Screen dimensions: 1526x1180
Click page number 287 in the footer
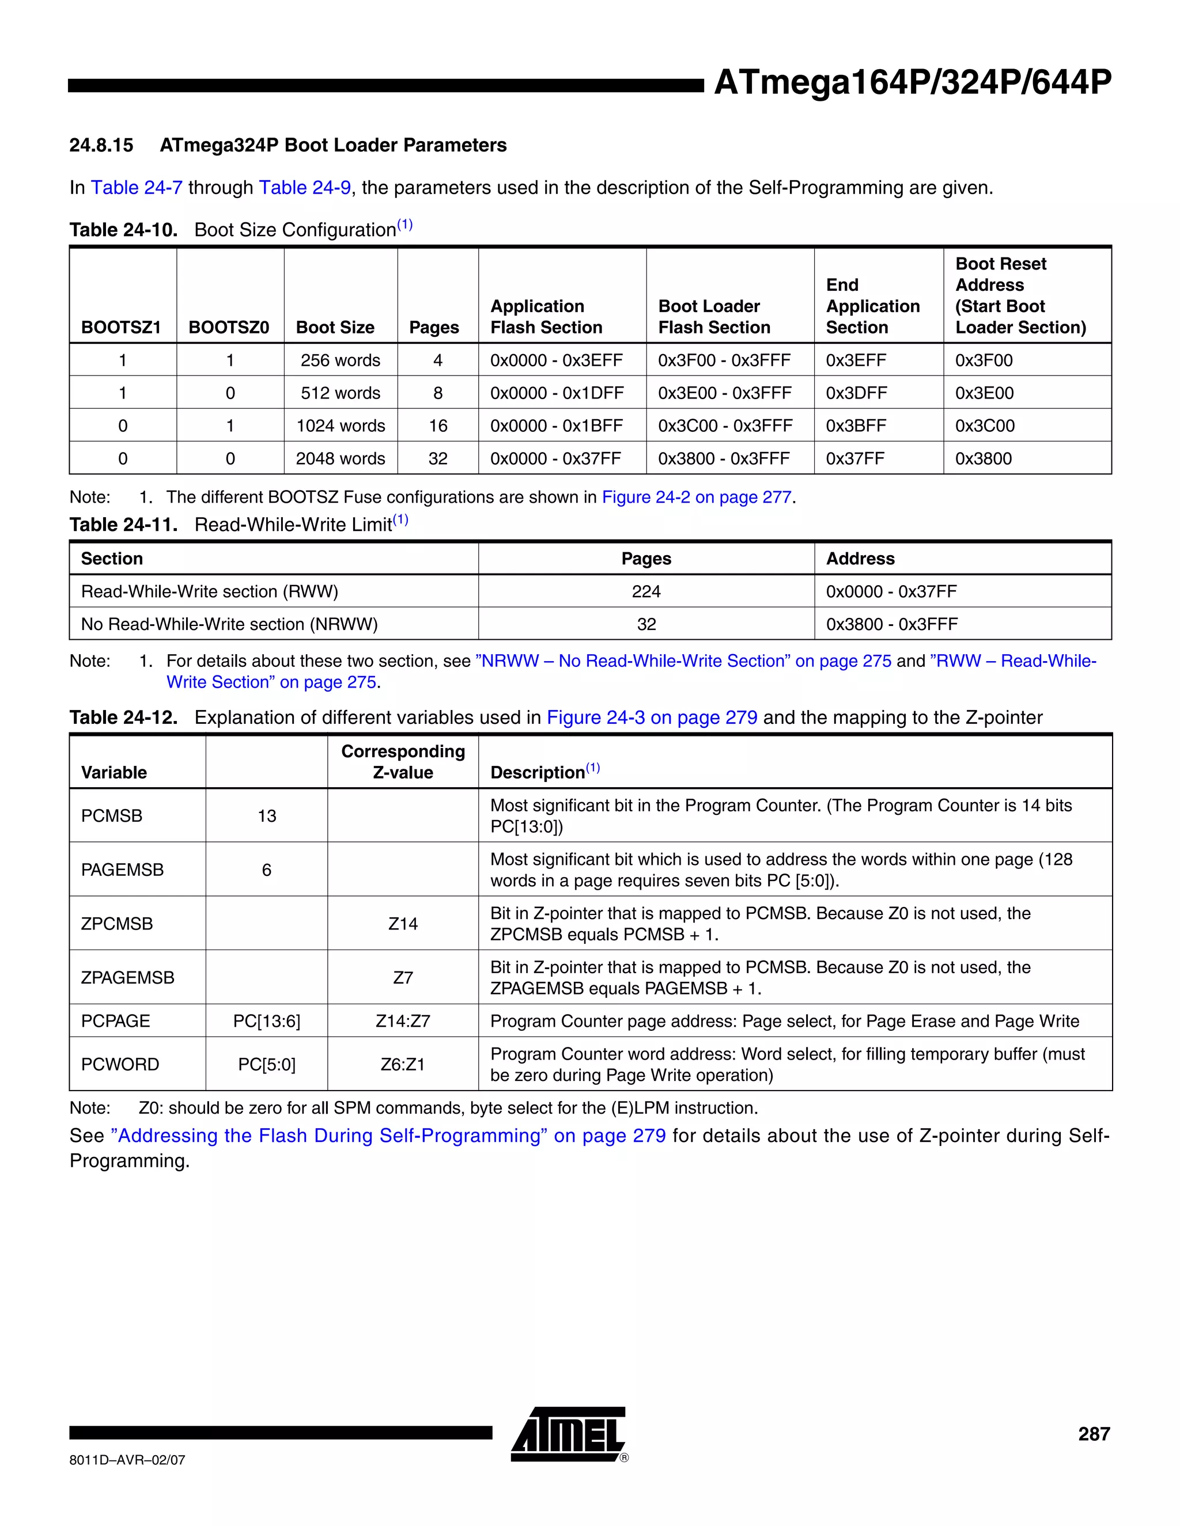coord(1094,1434)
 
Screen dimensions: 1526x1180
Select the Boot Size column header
coord(335,327)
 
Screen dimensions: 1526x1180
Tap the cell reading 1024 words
coord(341,426)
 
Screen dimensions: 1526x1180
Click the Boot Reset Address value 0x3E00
coord(984,393)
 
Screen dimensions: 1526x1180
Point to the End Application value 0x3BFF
coord(856,426)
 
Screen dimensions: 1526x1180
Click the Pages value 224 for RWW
coord(646,591)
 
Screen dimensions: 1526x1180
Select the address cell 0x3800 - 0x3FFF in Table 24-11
coord(891,624)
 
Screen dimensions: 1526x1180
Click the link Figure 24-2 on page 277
coord(696,497)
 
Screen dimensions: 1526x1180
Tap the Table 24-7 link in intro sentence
coord(137,187)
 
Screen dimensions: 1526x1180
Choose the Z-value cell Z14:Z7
coord(403,1021)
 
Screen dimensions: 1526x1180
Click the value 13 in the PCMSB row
coord(266,815)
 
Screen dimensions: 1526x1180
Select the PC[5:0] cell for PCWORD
coord(266,1064)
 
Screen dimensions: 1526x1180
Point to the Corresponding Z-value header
coord(403,762)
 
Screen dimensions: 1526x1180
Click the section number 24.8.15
coord(101,145)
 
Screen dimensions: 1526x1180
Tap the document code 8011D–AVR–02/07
coord(127,1460)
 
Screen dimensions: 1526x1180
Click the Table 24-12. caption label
coord(124,718)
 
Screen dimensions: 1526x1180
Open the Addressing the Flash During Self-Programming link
coord(388,1136)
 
